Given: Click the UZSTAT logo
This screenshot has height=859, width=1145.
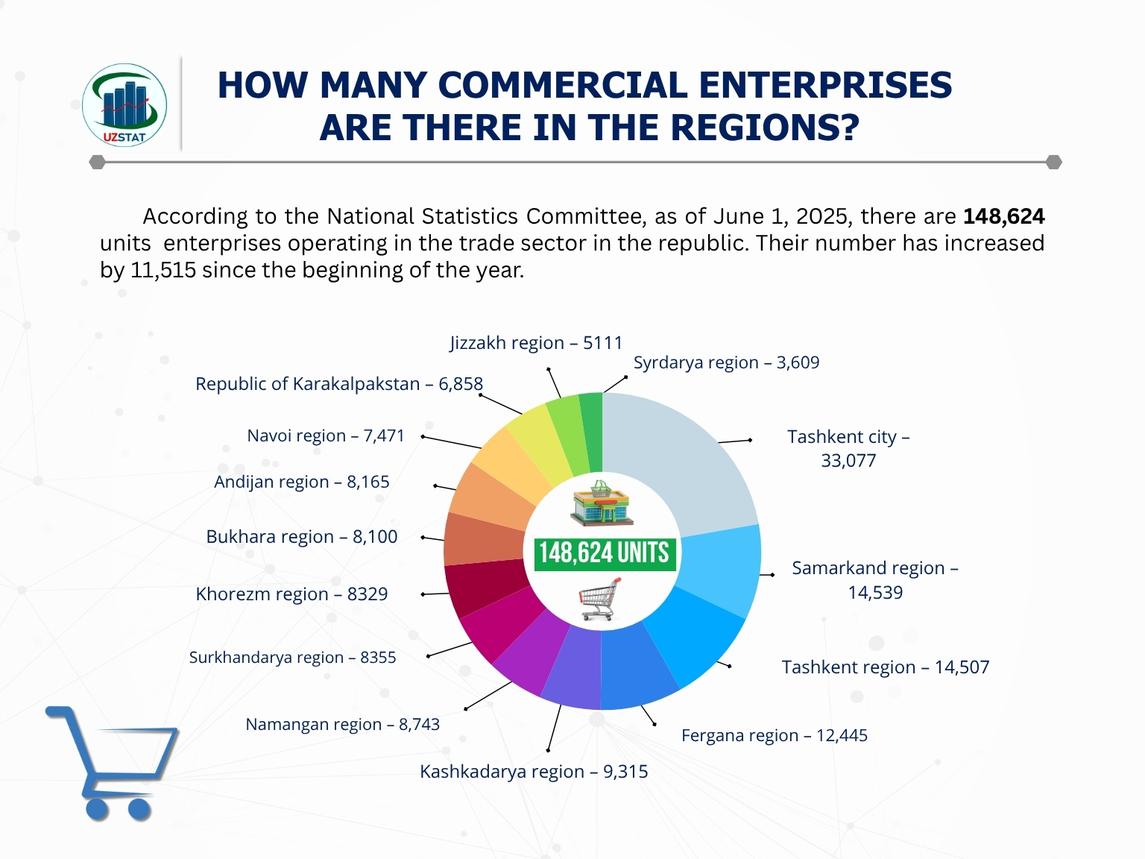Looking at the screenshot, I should (124, 104).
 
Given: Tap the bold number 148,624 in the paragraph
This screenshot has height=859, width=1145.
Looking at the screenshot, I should (1003, 216).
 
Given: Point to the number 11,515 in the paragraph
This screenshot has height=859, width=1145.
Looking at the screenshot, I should (163, 270).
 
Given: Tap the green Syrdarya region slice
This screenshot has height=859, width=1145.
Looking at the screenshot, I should (591, 432).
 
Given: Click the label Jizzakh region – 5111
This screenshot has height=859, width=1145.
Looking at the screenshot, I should (536, 343).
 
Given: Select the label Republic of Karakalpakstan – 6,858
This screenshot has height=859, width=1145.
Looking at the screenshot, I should (339, 384).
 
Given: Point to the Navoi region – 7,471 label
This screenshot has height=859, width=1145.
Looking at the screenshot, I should (326, 435).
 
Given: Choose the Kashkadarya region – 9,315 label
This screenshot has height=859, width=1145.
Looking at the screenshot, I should (534, 772).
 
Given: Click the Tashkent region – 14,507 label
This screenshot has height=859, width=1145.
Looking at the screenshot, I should (886, 667).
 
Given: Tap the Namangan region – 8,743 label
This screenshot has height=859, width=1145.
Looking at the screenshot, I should (343, 725).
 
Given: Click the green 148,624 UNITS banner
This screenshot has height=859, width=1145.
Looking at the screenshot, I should (605, 553).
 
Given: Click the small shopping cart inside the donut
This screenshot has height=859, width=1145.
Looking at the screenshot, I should (600, 600).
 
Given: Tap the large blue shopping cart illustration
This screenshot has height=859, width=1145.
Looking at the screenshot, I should (112, 761).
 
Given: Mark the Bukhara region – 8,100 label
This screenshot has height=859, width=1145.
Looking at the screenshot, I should (302, 537).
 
